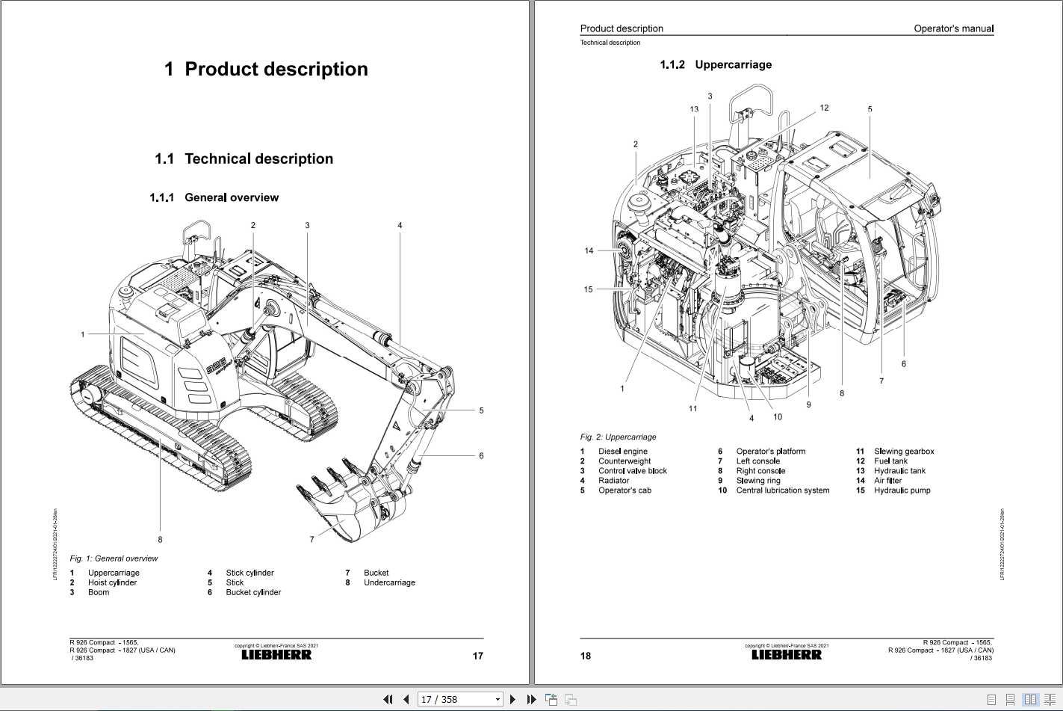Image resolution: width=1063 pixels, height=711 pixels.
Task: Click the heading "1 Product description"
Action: [266, 70]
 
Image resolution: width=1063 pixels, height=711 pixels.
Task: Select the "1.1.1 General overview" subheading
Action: [214, 197]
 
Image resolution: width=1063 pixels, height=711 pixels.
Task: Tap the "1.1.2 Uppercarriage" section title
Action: [716, 65]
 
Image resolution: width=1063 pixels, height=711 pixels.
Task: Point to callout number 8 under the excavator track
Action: [160, 539]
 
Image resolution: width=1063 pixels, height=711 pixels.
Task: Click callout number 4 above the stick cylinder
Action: [400, 225]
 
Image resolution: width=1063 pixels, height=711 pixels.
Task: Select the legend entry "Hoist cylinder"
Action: [112, 582]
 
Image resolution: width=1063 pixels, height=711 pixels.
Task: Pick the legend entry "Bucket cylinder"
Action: [253, 592]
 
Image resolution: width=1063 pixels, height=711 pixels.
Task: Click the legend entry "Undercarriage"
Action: [389, 582]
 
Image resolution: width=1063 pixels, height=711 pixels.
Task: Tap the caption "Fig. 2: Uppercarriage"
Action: [618, 437]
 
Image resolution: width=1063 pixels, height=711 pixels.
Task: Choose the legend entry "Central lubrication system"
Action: [782, 490]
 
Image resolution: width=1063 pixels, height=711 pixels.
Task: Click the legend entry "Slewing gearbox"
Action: [904, 451]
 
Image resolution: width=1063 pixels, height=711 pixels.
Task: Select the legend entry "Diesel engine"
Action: [622, 451]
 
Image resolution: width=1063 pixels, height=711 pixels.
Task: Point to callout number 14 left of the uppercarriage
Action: [589, 250]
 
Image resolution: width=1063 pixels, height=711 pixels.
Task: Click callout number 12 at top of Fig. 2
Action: [824, 108]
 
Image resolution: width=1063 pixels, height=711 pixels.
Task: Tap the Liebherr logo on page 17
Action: [276, 655]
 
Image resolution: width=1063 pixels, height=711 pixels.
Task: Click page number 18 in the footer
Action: [586, 656]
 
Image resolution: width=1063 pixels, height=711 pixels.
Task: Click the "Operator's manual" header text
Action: [953, 28]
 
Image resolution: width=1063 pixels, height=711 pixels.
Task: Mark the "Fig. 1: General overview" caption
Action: [114, 558]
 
